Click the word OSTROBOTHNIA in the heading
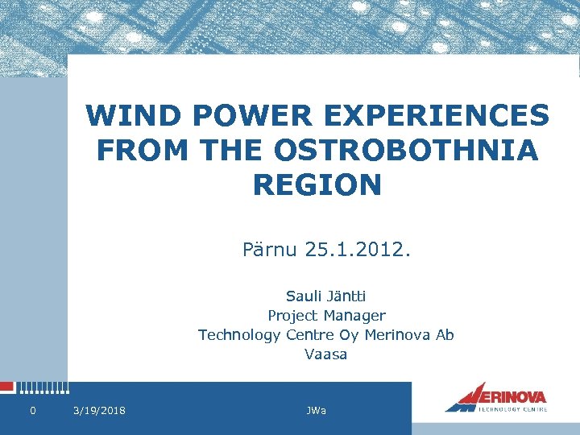(x=408, y=151)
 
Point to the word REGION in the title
(x=317, y=185)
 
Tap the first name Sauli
(x=303, y=296)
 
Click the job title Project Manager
(x=326, y=316)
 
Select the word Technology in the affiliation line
(x=238, y=335)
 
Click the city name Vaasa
(x=326, y=354)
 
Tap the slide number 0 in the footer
(x=32, y=412)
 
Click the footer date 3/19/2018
(x=99, y=412)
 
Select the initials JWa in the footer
(x=317, y=412)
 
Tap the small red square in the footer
(x=6, y=387)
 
